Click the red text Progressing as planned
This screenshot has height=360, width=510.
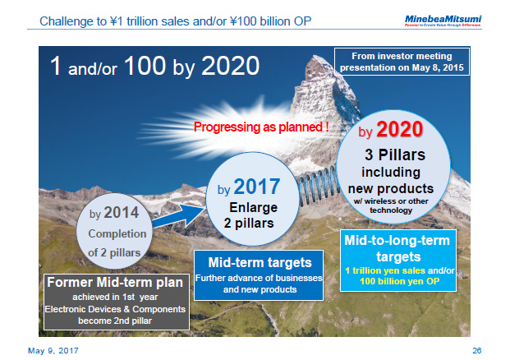pyautogui.click(x=262, y=127)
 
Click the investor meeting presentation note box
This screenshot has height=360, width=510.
pyautogui.click(x=402, y=61)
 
